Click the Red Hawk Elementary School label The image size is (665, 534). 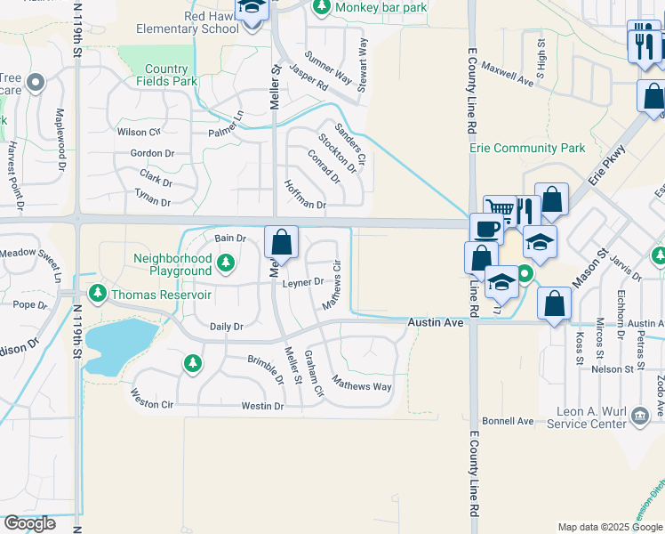188,21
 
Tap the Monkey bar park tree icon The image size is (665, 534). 321,8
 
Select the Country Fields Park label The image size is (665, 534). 166,75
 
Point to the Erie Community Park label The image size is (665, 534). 527,148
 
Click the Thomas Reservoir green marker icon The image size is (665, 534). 97,294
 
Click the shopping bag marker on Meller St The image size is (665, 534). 281,242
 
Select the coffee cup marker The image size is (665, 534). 485,229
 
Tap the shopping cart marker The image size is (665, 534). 500,211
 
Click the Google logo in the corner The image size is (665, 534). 30,523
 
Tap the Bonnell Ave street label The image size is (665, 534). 507,420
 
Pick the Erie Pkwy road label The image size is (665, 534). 612,165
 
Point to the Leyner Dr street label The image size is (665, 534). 303,282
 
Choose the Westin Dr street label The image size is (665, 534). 262,406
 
